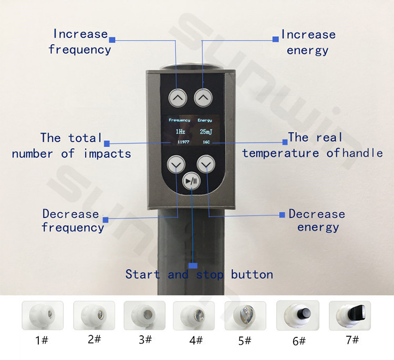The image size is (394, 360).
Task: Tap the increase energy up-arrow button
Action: pyautogui.click(x=203, y=98)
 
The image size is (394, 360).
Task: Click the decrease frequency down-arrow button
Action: pyautogui.click(x=176, y=164)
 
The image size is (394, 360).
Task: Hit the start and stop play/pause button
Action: pyautogui.click(x=191, y=180)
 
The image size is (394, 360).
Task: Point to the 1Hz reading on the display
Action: pyautogui.click(x=180, y=131)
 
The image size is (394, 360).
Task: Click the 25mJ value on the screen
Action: pyautogui.click(x=206, y=131)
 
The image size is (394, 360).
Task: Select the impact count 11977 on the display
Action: pyautogui.click(x=183, y=142)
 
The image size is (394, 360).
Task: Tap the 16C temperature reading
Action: pyautogui.click(x=206, y=142)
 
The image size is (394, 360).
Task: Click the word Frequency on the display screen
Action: pyautogui.click(x=180, y=120)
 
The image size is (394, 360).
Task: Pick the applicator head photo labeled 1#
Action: pyautogui.click(x=43, y=315)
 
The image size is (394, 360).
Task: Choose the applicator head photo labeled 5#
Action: pyautogui.click(x=245, y=316)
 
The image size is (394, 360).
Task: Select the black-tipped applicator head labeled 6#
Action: pyautogui.click(x=298, y=315)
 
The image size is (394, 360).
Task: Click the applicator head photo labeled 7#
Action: pyautogui.click(x=350, y=315)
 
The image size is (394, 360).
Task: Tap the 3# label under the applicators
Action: pyautogui.click(x=145, y=340)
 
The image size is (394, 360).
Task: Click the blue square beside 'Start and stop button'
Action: pyautogui.click(x=193, y=265)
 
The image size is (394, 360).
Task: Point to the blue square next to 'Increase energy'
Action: pyautogui.click(x=276, y=39)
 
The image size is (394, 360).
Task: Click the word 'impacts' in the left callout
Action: pyautogui.click(x=107, y=153)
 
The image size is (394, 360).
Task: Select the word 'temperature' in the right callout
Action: pyautogui.click(x=281, y=153)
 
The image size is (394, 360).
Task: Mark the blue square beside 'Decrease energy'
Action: pyautogui.click(x=282, y=215)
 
